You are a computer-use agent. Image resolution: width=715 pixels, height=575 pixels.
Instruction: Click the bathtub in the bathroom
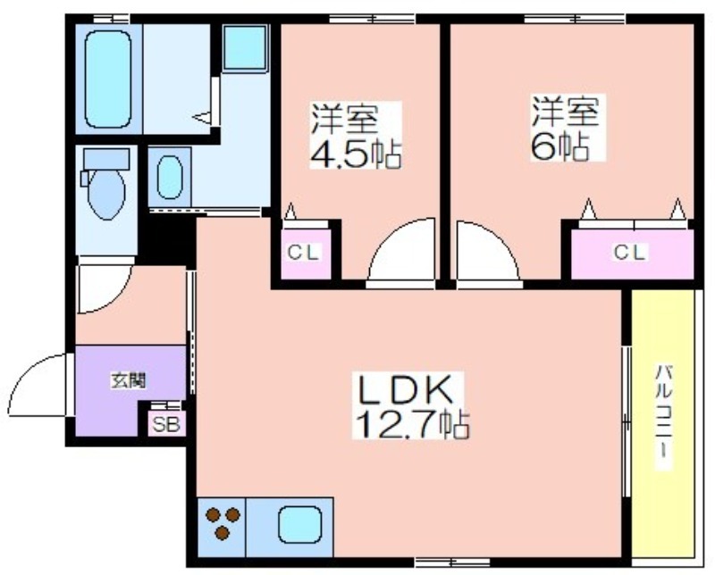point(108,79)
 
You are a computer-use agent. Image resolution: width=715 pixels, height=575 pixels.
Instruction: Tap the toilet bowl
point(106,194)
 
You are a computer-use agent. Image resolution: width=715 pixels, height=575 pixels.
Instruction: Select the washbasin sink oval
point(170,178)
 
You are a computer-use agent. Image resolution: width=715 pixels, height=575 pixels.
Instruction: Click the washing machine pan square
point(245,47)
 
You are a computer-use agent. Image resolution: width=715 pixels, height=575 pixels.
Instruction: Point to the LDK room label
point(406,390)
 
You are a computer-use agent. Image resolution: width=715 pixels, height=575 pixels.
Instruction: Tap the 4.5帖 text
point(355,154)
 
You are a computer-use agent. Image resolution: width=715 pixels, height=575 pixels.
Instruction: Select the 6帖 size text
point(559,146)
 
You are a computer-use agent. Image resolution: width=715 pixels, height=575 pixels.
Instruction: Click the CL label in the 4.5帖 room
point(304,252)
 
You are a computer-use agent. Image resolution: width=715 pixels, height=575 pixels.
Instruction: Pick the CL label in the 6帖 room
point(631,252)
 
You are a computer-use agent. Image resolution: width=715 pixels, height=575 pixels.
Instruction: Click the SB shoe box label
point(166,425)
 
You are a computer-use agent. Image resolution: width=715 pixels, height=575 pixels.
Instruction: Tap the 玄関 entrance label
point(129,380)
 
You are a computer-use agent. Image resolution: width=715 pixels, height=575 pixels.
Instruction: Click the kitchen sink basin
point(299,525)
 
